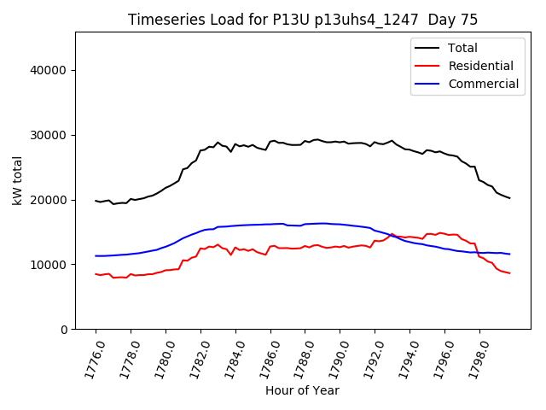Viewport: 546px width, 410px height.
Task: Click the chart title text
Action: pyautogui.click(x=303, y=20)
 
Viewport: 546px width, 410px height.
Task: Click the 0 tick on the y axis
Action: pyautogui.click(x=63, y=330)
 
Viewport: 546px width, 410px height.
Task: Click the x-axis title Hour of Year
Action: pyautogui.click(x=302, y=390)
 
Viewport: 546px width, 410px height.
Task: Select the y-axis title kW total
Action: pyautogui.click(x=16, y=180)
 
